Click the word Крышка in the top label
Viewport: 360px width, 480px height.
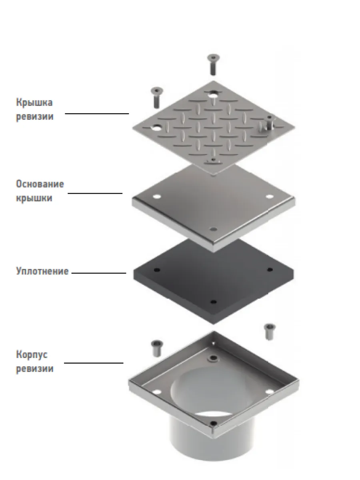click(x=34, y=102)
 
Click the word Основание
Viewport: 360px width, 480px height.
click(x=40, y=184)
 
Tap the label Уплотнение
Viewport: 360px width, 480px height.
click(x=42, y=271)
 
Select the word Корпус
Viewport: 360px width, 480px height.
click(x=32, y=355)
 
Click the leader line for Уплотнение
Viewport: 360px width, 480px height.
click(x=99, y=273)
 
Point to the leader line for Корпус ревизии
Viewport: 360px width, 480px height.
click(x=94, y=363)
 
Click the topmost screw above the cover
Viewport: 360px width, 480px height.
click(x=213, y=64)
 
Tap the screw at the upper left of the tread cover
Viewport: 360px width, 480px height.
click(x=157, y=98)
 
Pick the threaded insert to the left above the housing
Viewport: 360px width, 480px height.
click(x=157, y=348)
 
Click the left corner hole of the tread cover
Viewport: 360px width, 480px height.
click(x=157, y=127)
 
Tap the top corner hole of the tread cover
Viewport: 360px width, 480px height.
click(x=213, y=95)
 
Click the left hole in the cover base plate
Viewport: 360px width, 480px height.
click(x=157, y=196)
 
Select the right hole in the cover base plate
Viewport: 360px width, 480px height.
click(x=270, y=196)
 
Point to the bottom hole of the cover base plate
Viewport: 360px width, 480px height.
click(x=213, y=229)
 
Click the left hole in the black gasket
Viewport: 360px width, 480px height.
click(x=157, y=270)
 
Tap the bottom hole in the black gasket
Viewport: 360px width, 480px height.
click(x=213, y=302)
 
